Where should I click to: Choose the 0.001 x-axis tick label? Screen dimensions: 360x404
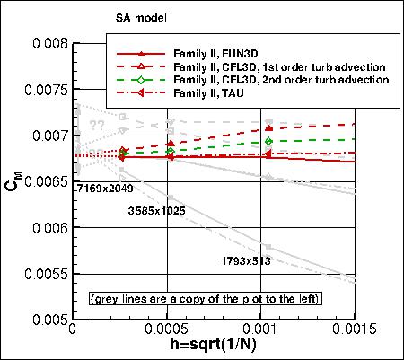click(268, 331)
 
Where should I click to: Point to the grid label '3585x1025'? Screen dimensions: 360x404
click(157, 210)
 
